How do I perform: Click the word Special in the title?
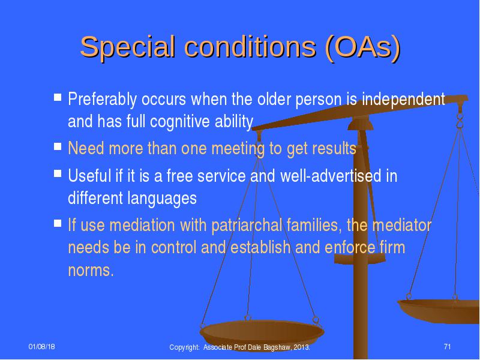[x=127, y=47]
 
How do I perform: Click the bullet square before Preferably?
[x=58, y=97]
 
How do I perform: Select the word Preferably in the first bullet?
[x=102, y=99]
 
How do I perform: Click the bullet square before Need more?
[x=58, y=146]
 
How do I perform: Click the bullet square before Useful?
[x=58, y=173]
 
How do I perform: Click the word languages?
[x=162, y=199]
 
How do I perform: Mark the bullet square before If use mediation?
[x=58, y=223]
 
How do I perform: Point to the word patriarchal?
[x=247, y=226]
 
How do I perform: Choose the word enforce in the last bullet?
[x=350, y=247]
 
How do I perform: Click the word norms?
[x=91, y=271]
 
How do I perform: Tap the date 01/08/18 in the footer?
[x=41, y=347]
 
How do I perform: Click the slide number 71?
[x=447, y=347]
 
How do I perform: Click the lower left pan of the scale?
[x=262, y=334]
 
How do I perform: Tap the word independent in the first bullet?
[x=403, y=99]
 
